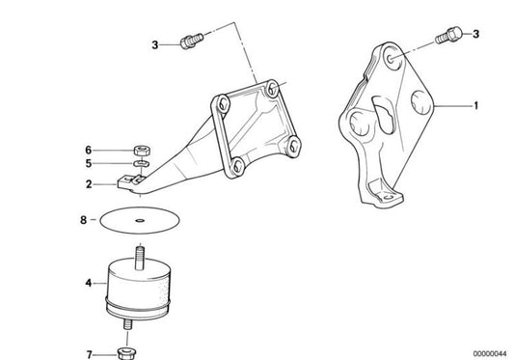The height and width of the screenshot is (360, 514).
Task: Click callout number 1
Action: click(474, 107)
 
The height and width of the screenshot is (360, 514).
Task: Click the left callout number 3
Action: click(154, 43)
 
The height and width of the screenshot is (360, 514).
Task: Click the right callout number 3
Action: click(474, 35)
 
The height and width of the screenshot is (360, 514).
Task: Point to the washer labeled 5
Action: click(138, 165)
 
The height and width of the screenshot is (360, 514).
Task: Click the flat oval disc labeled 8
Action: click(143, 220)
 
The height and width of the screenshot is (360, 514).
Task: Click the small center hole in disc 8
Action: click(143, 220)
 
